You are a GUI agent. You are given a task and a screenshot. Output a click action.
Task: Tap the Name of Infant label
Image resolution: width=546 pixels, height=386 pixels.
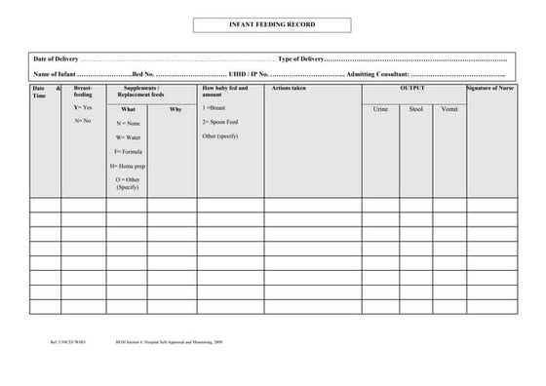pyautogui.click(x=55, y=74)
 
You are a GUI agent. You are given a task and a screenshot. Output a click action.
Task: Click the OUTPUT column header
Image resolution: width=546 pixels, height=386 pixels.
pyautogui.click(x=412, y=89)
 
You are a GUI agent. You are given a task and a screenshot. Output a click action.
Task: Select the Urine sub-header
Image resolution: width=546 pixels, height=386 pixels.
pyautogui.click(x=380, y=109)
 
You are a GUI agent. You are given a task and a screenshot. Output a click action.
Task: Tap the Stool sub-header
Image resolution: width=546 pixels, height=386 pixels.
pyautogui.click(x=416, y=109)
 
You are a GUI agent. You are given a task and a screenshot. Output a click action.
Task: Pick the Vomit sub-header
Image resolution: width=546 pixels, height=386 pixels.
pyautogui.click(x=448, y=109)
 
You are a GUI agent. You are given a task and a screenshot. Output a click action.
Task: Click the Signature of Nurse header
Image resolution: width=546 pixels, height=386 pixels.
pyautogui.click(x=491, y=89)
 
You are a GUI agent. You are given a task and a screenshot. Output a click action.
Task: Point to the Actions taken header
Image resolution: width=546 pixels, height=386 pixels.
pyautogui.click(x=290, y=89)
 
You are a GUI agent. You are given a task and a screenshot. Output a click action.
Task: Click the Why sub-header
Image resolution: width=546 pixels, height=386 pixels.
pyautogui.click(x=175, y=109)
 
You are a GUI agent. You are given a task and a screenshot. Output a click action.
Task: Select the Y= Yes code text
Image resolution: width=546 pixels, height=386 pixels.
pyautogui.click(x=83, y=107)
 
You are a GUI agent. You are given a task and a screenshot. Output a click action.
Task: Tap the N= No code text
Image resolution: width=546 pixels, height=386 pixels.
pyautogui.click(x=83, y=121)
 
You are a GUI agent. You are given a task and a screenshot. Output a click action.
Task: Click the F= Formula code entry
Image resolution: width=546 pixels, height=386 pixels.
pyautogui.click(x=129, y=152)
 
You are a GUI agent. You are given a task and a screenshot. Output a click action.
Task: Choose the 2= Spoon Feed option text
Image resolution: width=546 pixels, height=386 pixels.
pyautogui.click(x=220, y=122)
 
